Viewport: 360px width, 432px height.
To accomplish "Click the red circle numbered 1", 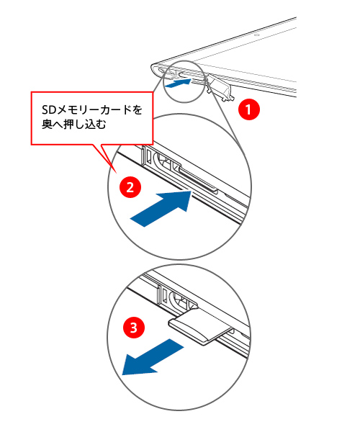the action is [248, 109].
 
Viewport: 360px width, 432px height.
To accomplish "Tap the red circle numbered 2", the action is [130, 187].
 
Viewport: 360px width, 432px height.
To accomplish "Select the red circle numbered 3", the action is [134, 328].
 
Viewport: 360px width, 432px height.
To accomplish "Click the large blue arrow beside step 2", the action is [161, 209].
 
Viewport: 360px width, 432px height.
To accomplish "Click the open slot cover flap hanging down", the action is [220, 87].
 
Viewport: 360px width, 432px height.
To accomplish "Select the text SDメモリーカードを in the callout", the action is [92, 109].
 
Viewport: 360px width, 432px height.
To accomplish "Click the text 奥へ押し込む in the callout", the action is [74, 125].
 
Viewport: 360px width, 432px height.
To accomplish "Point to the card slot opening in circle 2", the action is [198, 181].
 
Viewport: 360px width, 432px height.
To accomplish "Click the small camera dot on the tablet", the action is [256, 35].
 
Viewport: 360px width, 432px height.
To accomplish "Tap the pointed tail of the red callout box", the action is [117, 173].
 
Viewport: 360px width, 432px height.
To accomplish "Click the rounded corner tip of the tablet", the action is [153, 68].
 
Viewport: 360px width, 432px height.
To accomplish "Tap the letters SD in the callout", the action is [49, 110].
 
